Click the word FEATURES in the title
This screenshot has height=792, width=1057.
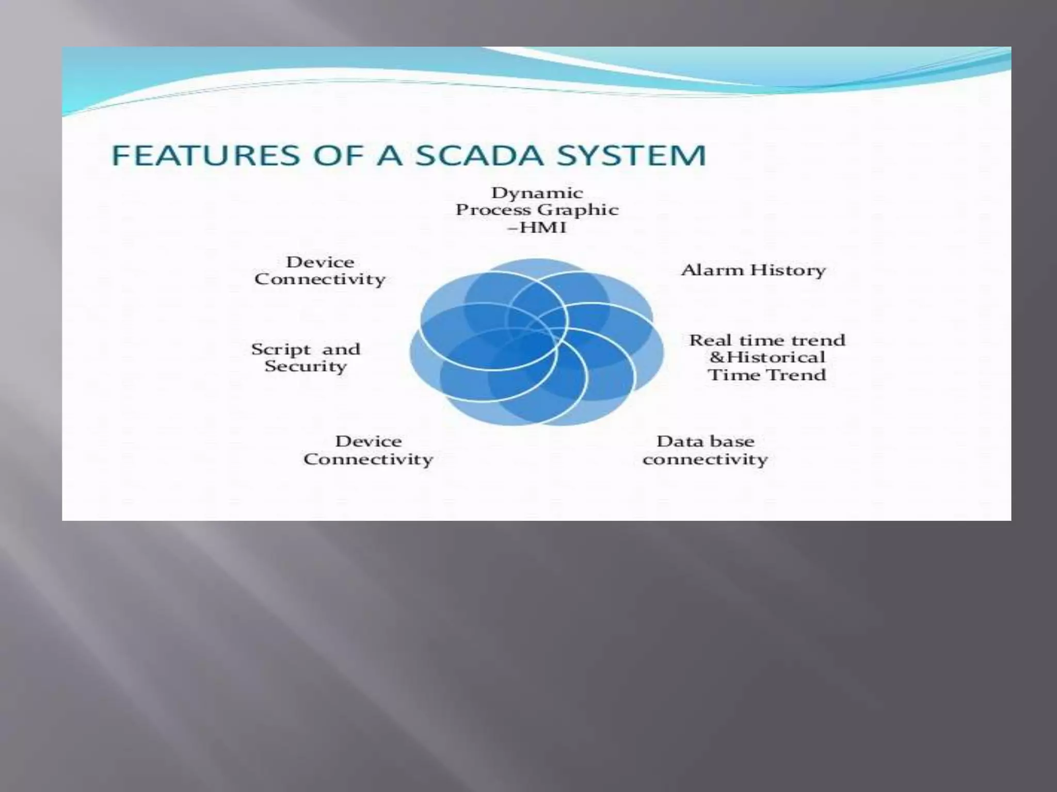click(205, 155)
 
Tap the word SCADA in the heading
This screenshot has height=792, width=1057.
click(479, 155)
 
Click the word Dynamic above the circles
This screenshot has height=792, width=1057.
click(537, 193)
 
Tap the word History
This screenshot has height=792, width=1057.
click(788, 270)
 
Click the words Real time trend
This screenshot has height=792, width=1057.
click(767, 340)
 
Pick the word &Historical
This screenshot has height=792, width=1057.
click(767, 357)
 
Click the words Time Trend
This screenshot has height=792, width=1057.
click(767, 375)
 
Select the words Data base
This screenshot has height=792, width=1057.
click(705, 441)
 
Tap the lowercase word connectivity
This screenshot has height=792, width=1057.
click(705, 459)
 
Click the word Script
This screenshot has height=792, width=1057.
click(281, 350)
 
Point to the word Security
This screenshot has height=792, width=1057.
click(306, 367)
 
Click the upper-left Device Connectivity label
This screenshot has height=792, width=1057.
click(320, 271)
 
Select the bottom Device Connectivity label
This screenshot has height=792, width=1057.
click(368, 450)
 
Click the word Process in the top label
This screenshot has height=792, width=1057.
click(492, 210)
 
